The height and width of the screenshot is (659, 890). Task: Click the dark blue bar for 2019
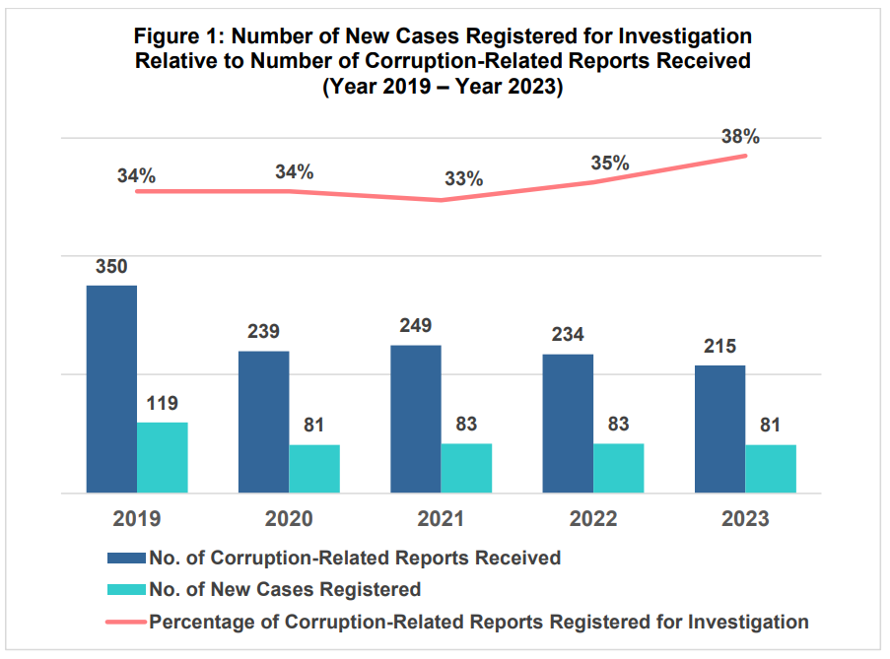tap(111, 389)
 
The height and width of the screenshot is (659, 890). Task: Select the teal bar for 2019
tap(163, 458)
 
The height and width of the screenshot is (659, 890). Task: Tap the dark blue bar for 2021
tap(416, 419)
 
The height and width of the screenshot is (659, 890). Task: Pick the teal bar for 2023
tap(771, 469)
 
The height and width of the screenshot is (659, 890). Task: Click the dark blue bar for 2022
tap(568, 424)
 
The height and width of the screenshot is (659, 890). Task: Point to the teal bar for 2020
tap(314, 469)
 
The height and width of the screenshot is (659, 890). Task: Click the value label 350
tap(111, 267)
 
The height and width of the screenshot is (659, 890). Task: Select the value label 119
tap(163, 404)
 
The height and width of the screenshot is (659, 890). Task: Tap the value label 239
tap(263, 333)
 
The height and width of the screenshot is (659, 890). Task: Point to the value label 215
tap(720, 347)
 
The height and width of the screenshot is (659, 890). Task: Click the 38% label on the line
tap(740, 137)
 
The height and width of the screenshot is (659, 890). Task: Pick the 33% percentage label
tap(463, 179)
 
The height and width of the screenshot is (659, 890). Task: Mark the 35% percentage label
tap(610, 164)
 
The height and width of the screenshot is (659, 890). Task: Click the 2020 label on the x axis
tap(289, 519)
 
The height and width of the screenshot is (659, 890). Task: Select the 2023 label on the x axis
tap(745, 519)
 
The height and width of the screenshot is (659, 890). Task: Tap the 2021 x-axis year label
tap(441, 519)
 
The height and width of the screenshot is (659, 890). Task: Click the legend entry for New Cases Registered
tap(285, 590)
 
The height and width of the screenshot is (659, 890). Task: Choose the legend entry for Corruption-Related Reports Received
tap(355, 559)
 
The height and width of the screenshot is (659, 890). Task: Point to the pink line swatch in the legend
tap(126, 622)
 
